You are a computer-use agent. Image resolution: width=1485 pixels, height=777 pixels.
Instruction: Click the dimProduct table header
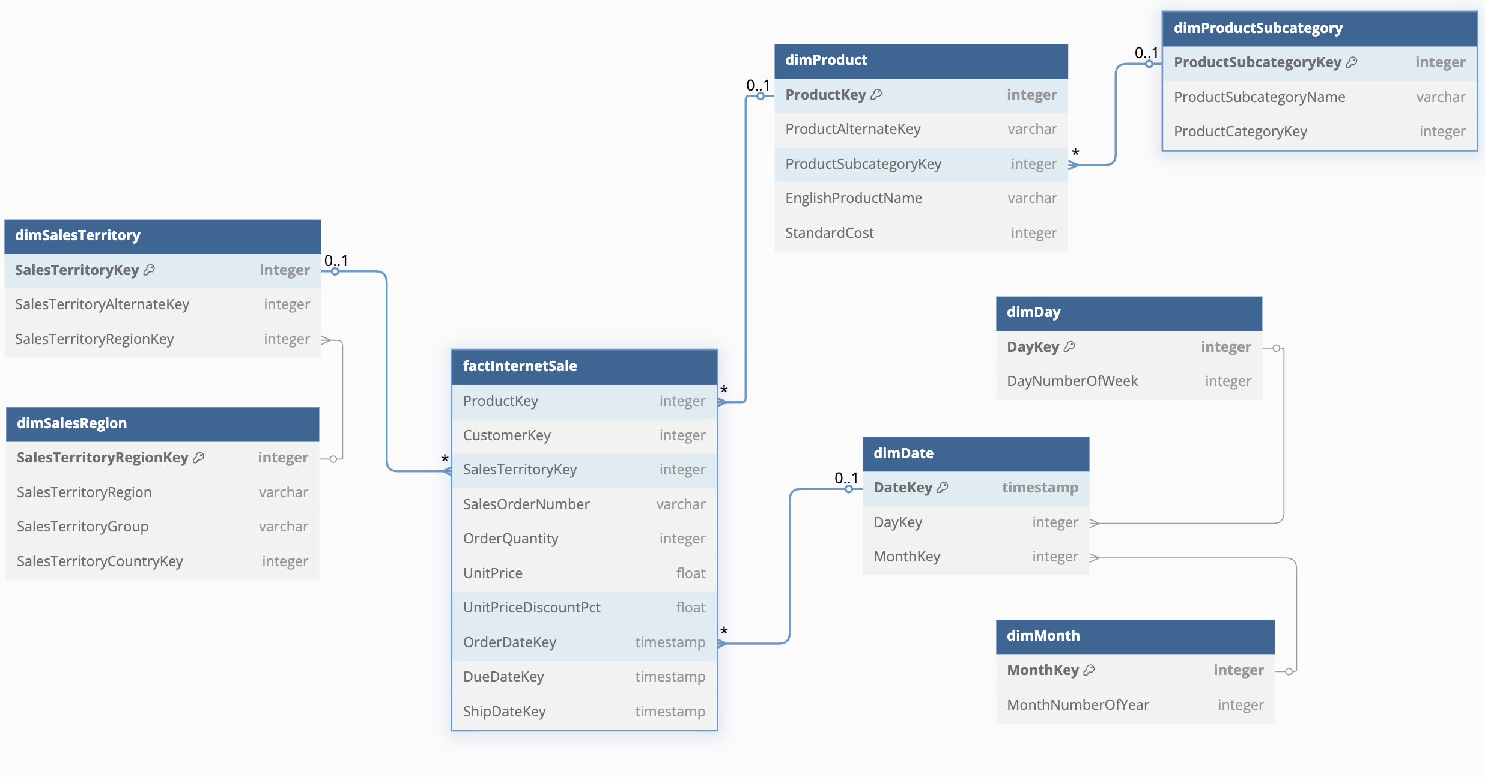click(921, 61)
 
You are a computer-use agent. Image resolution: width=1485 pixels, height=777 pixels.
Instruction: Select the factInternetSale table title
click(520, 366)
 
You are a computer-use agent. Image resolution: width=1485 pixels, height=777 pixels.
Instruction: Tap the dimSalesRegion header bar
click(162, 424)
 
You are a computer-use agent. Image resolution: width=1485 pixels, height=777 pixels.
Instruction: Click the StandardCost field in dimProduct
click(829, 233)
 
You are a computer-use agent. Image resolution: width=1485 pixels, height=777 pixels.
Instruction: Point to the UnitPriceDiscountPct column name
click(532, 608)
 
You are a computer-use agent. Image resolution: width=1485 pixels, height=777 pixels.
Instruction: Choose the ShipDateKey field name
click(504, 712)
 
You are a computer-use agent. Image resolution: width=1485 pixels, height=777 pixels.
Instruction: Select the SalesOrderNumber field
click(526, 504)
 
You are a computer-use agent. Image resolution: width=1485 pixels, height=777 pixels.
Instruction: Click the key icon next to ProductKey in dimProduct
click(876, 94)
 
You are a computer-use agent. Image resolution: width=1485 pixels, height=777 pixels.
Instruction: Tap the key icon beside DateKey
click(943, 487)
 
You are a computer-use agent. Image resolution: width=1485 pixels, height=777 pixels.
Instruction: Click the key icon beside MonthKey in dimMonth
click(1089, 670)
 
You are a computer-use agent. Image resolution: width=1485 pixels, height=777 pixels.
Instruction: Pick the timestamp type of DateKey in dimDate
click(1040, 488)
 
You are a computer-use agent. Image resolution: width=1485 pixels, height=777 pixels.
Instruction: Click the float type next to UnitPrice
click(691, 573)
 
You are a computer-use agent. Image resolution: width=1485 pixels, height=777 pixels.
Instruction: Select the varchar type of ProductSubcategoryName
click(1441, 97)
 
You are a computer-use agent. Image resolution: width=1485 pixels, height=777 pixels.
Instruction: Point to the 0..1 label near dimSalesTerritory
click(336, 261)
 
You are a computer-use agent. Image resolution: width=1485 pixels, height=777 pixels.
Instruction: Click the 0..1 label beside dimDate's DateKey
click(846, 478)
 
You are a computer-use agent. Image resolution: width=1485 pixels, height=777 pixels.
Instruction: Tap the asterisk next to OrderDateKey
click(724, 631)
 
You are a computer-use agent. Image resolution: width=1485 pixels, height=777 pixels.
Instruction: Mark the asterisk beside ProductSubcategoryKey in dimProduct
click(1075, 153)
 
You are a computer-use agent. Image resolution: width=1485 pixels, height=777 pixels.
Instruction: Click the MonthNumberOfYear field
click(1078, 705)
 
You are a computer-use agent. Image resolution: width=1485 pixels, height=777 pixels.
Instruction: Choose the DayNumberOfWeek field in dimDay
click(1072, 381)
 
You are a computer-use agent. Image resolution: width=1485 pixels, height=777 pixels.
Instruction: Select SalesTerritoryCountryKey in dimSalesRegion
click(100, 561)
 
